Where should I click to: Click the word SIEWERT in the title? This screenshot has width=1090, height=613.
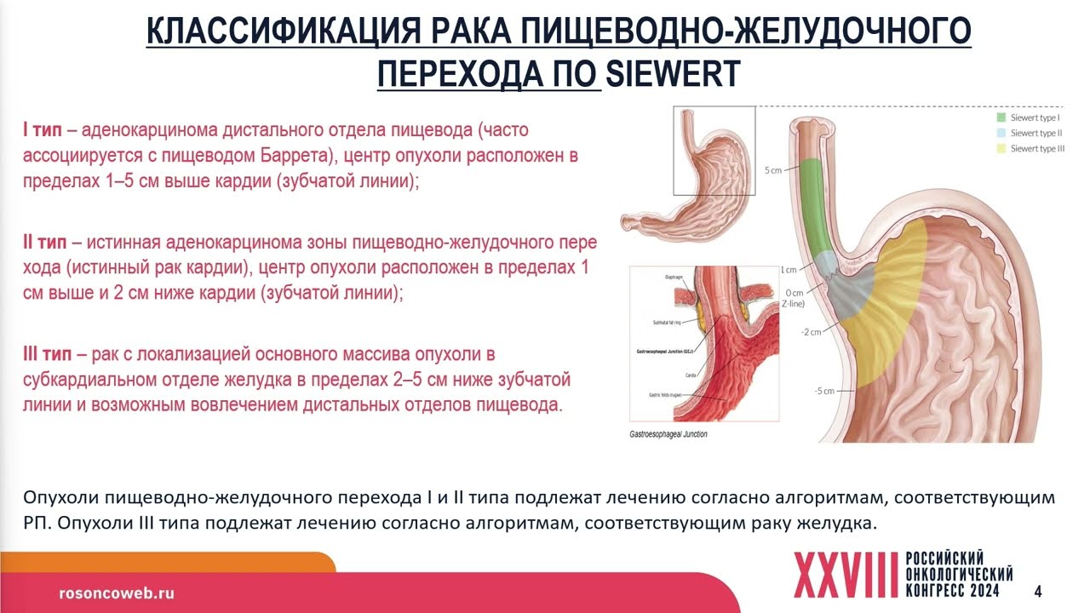(672, 73)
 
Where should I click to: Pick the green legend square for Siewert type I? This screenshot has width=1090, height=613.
(1001, 117)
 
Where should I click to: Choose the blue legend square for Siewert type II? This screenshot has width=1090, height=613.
(1001, 133)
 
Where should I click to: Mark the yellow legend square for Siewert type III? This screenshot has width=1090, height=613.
(1001, 149)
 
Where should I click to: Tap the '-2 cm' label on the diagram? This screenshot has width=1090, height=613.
(810, 331)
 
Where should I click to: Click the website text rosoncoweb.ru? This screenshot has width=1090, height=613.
(116, 593)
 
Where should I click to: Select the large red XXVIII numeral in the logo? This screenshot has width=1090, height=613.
(846, 575)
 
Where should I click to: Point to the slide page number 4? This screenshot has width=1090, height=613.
(1037, 591)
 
